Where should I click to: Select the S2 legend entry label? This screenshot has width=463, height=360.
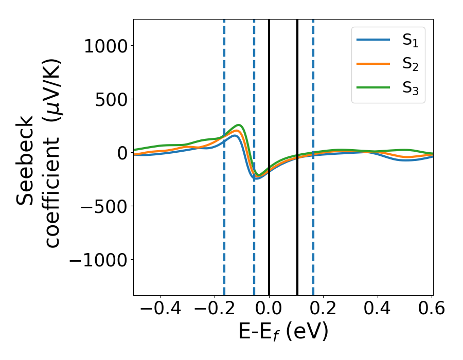pos(410,65)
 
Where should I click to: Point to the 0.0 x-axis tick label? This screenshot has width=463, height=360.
pos(269,309)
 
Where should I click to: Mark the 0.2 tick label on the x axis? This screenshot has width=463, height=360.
pos(324,309)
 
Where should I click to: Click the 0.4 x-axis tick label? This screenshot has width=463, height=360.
pos(378,309)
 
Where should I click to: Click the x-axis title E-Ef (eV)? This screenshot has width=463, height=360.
pos(283,332)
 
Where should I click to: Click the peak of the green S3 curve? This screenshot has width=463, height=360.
pos(239,125)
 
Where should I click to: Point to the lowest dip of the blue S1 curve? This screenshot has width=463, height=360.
pos(256,178)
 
